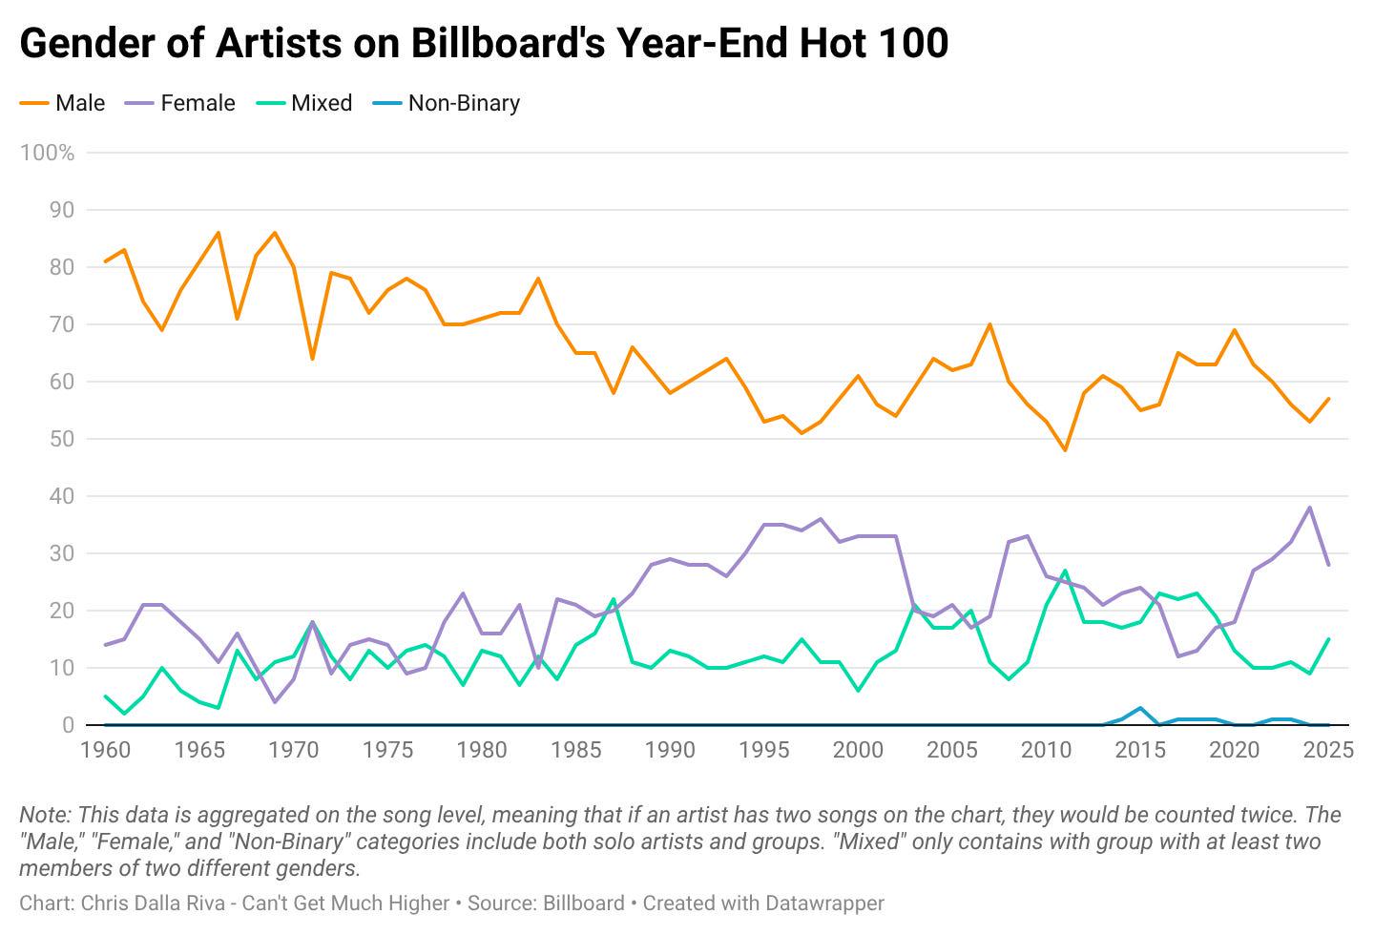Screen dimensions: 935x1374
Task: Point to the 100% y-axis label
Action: (47, 153)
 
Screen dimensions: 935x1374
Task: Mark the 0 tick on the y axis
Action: (68, 725)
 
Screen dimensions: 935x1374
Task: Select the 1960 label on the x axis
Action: (105, 750)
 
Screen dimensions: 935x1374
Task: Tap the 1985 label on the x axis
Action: (576, 750)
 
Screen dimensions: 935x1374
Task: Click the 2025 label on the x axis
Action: (1328, 750)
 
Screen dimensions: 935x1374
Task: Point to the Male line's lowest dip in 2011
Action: (1065, 450)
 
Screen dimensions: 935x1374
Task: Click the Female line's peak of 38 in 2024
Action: (1310, 508)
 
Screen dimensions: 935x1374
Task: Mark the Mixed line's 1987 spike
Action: (614, 599)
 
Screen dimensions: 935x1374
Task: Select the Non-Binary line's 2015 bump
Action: (1140, 708)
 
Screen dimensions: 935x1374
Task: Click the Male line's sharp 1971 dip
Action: (312, 359)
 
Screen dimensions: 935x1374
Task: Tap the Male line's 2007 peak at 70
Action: (989, 324)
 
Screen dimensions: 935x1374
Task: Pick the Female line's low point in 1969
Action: (275, 702)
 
